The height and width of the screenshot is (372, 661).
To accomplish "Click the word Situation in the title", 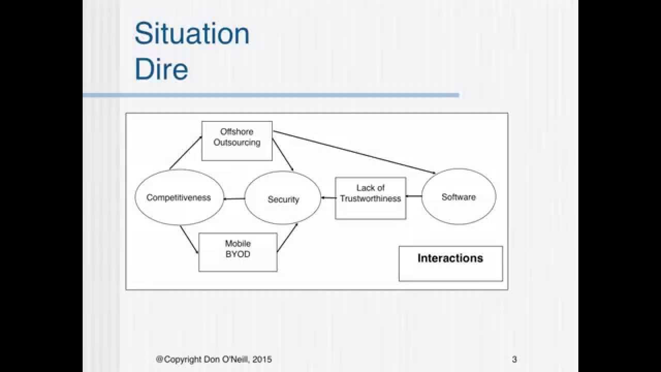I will coord(192,34).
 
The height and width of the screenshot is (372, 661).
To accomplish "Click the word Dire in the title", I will coord(161,69).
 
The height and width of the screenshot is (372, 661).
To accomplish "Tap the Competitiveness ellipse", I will coord(179,197).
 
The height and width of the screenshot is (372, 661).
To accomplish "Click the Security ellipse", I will coord(283,198).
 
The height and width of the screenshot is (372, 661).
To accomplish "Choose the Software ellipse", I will coord(459,197).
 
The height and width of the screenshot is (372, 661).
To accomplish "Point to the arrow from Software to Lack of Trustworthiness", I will coord(414,196).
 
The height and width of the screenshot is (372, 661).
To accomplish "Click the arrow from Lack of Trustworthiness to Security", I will coord(328,198).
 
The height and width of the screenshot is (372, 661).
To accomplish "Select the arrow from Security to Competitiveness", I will coord(234,199).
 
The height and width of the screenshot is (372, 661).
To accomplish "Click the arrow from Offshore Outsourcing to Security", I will coord(283,154).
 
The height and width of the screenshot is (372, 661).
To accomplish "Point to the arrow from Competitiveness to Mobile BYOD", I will coord(189,239).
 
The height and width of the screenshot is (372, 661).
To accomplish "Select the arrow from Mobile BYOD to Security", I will coord(288,237).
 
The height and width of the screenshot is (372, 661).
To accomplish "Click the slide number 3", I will coord(514,360).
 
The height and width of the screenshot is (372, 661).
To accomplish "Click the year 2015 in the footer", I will coord(262,360).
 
